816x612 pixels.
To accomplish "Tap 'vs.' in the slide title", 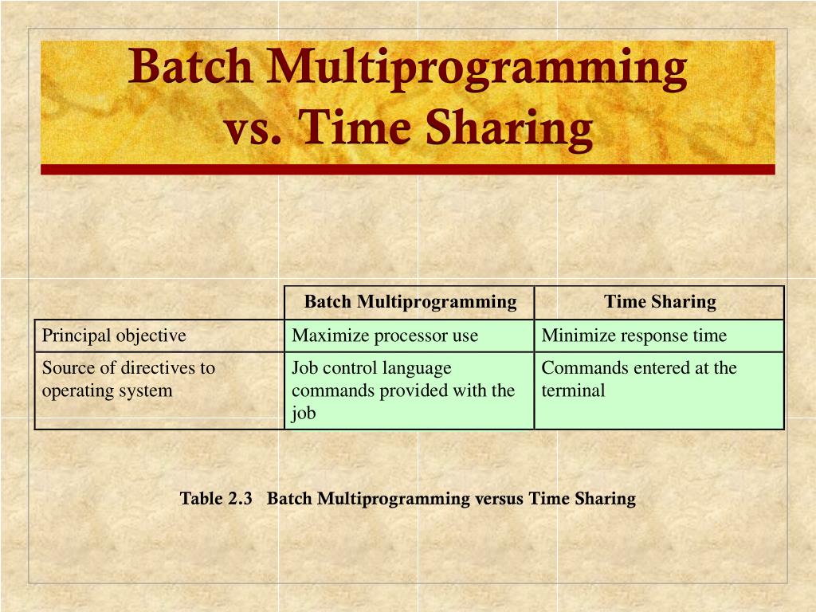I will pos(253,129).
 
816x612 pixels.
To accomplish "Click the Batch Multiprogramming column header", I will pos(410,302).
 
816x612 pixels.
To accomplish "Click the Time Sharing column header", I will pos(660,302).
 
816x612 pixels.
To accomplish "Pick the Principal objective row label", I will pos(114,335).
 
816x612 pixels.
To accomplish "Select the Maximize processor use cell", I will pos(385,335).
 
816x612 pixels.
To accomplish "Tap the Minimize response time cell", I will pos(634,335).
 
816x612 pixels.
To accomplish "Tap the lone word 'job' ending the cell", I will pos(304,413).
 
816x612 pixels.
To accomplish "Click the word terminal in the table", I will pos(573,390).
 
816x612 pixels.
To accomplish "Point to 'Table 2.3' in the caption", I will pos(216,499).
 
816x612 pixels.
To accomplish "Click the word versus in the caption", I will pos(500,499).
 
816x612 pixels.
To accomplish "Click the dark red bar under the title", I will pos(408,169).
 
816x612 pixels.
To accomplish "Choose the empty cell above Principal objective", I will pos(159,302).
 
